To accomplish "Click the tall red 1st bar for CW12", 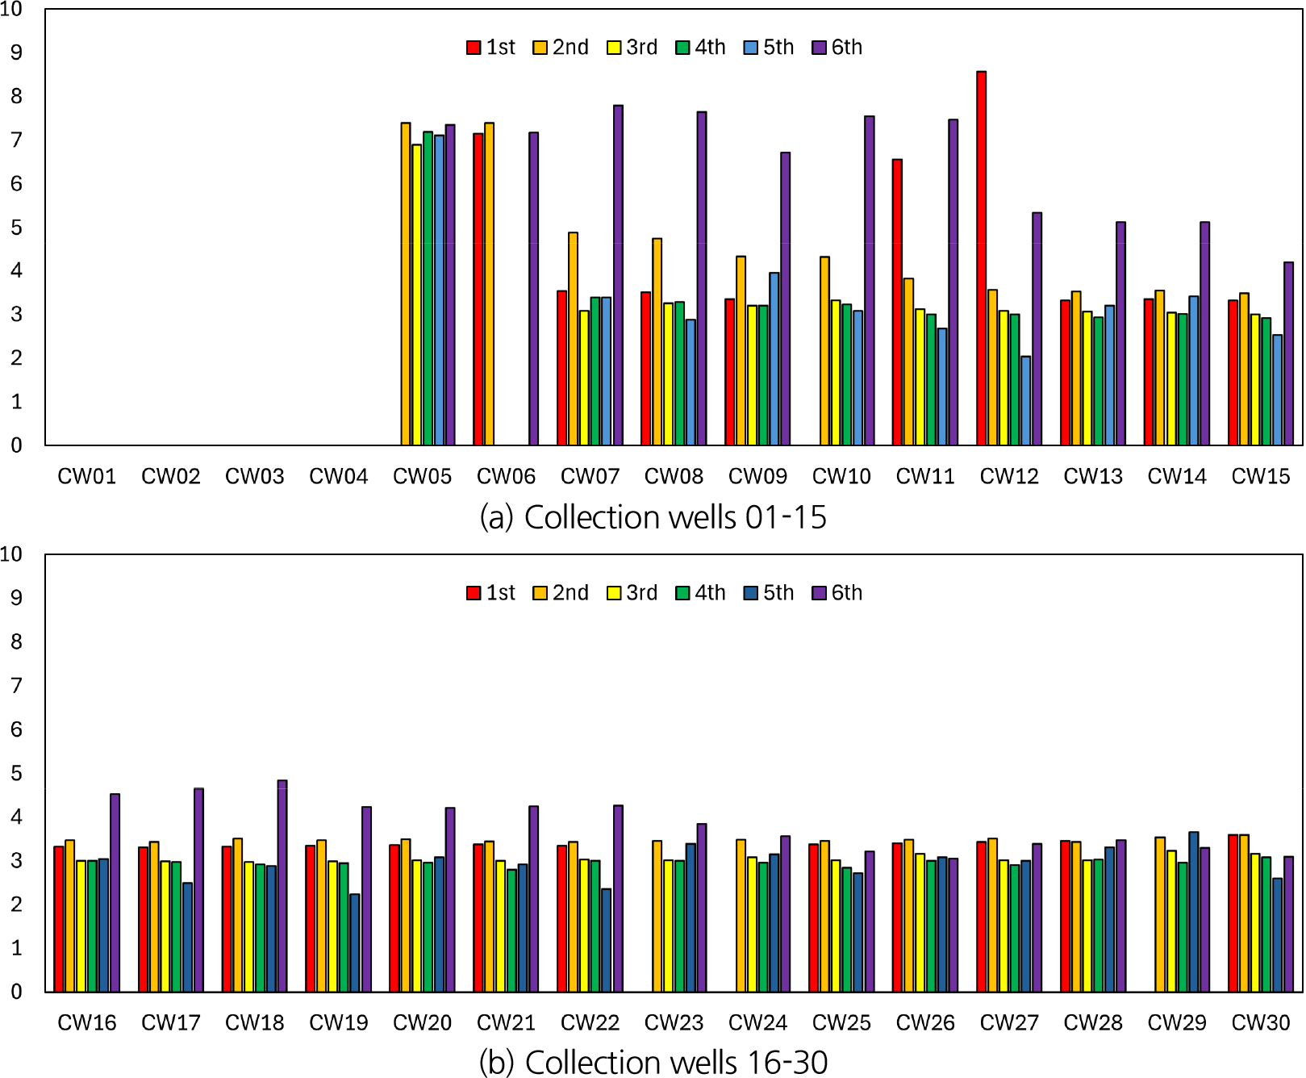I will click(x=981, y=258).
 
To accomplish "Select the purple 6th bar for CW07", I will click(x=618, y=275).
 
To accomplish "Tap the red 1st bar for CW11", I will click(x=897, y=302).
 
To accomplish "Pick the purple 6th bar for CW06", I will click(x=533, y=289).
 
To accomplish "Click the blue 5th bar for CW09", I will click(x=774, y=359).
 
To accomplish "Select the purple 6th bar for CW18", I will click(x=282, y=886).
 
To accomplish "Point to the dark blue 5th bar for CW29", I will click(x=1194, y=912).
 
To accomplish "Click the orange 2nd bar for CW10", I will click(x=824, y=351).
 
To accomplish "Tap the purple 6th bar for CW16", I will click(x=115, y=892).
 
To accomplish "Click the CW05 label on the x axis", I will click(x=422, y=477).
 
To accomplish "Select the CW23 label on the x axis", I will click(x=674, y=1023).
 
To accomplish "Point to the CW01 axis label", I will click(x=86, y=477).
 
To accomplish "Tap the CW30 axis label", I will click(x=1261, y=1023).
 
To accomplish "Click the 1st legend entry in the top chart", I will click(x=491, y=48).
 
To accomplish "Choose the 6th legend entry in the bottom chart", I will click(x=837, y=593).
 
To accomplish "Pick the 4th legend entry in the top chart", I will click(x=701, y=48).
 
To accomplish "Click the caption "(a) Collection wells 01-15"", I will click(x=653, y=517).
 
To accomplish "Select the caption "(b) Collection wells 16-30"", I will click(x=653, y=1062).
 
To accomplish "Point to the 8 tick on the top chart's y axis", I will click(x=16, y=96).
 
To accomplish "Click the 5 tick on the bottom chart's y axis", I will click(x=16, y=773).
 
